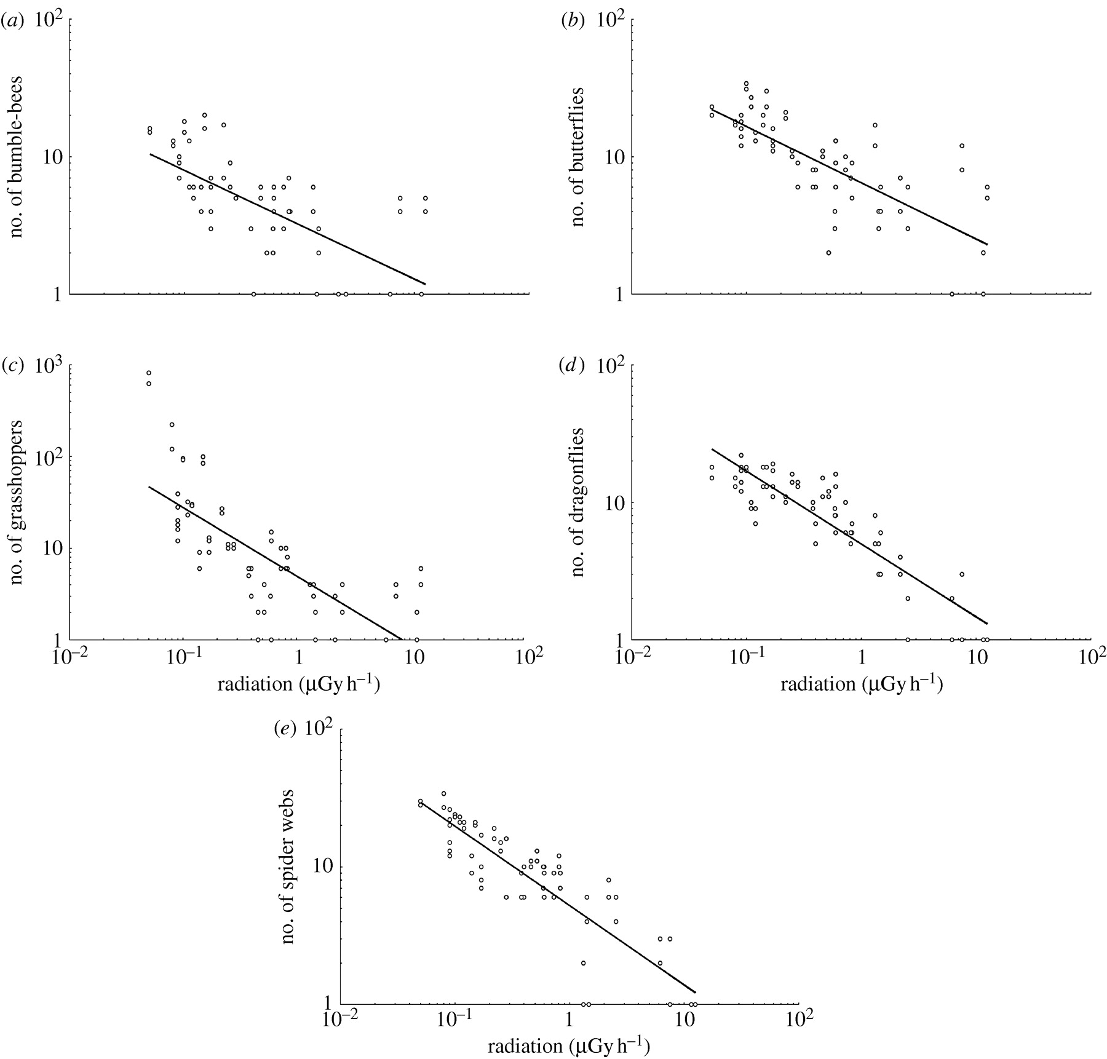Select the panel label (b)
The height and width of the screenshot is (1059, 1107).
point(572,22)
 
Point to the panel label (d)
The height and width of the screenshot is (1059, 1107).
point(572,367)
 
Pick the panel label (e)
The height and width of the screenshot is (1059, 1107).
point(285,729)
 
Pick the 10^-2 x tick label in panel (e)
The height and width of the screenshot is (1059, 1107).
point(340,1018)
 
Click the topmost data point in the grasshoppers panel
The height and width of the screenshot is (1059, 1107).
point(149,373)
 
